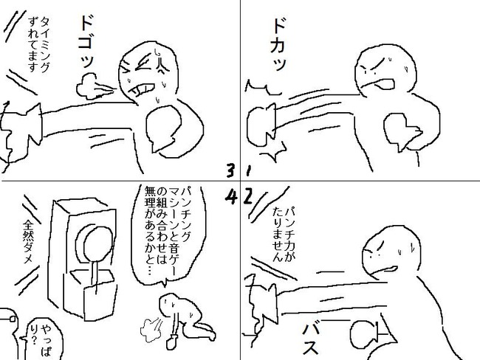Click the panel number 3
click(230, 170)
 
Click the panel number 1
click(248, 171)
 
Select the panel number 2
click(248, 197)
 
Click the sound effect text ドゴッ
click(86, 41)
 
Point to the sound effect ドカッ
click(278, 44)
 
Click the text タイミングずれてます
click(39, 45)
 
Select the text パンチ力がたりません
click(284, 234)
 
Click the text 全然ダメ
click(28, 242)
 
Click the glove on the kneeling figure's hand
click(171, 342)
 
